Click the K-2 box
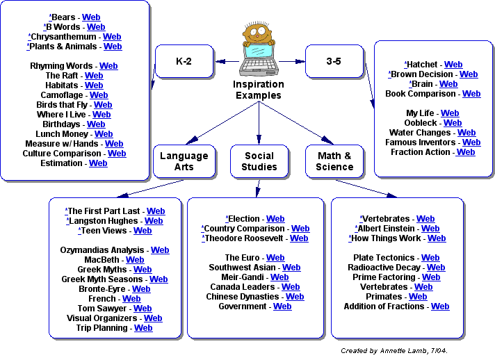tap(184, 61)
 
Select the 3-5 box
tap(334, 61)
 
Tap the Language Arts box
tap(184, 161)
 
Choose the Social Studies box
tap(259, 161)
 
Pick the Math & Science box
tap(334, 161)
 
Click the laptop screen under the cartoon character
tap(259, 52)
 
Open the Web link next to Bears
tap(91, 17)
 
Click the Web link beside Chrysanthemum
tap(112, 37)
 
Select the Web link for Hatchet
tap(453, 65)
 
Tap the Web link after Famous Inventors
tap(471, 142)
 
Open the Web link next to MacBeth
tap(135, 260)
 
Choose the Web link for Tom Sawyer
tap(143, 309)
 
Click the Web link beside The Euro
tap(275, 258)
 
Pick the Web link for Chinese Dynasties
tap(295, 297)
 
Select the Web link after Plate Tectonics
tap(430, 258)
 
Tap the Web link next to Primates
tap(418, 297)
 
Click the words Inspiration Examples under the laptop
tap(259, 90)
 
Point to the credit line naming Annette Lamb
tap(394, 351)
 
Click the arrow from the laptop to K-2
tap(227, 62)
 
